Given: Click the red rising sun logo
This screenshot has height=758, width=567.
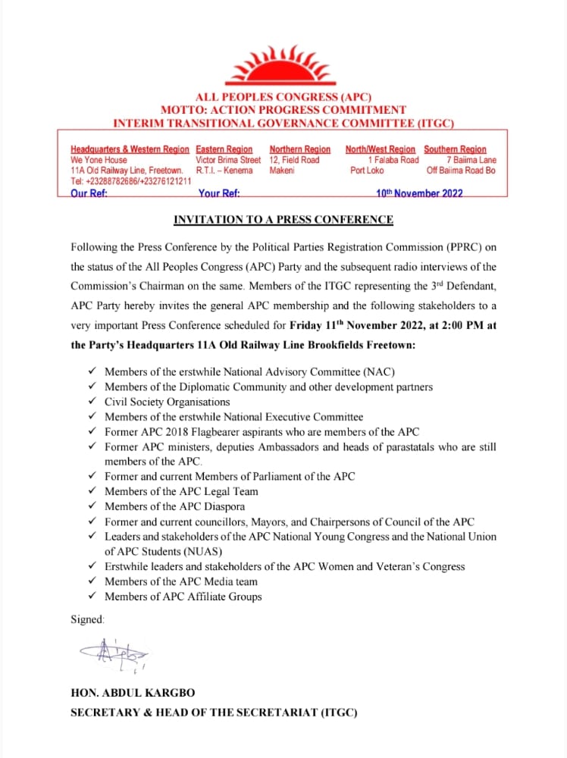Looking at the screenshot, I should point(283,66).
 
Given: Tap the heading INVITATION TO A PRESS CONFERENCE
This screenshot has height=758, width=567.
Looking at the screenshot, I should point(283,220).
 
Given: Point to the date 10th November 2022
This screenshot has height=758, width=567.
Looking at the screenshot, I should point(419,193).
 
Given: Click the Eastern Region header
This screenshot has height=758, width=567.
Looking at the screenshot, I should point(224,149).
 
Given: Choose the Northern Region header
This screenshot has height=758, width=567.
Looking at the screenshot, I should point(299,149).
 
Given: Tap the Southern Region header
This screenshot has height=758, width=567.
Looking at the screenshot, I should point(455,149).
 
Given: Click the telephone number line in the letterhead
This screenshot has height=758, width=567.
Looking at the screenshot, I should point(130,182).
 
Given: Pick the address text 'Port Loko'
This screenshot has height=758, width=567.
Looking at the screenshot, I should point(367,171).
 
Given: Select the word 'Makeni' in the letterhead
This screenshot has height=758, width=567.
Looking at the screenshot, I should point(281,171).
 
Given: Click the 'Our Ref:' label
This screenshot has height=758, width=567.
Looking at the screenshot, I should point(89,193).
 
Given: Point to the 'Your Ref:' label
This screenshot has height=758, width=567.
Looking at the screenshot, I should point(219,193).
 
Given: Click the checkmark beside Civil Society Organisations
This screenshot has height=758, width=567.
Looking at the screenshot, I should point(92,402).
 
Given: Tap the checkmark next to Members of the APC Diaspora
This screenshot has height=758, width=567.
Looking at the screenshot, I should point(92,506).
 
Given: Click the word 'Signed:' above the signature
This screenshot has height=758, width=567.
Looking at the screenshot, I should point(86,619).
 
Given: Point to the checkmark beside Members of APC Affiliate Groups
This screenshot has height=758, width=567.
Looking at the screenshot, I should point(92,597).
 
